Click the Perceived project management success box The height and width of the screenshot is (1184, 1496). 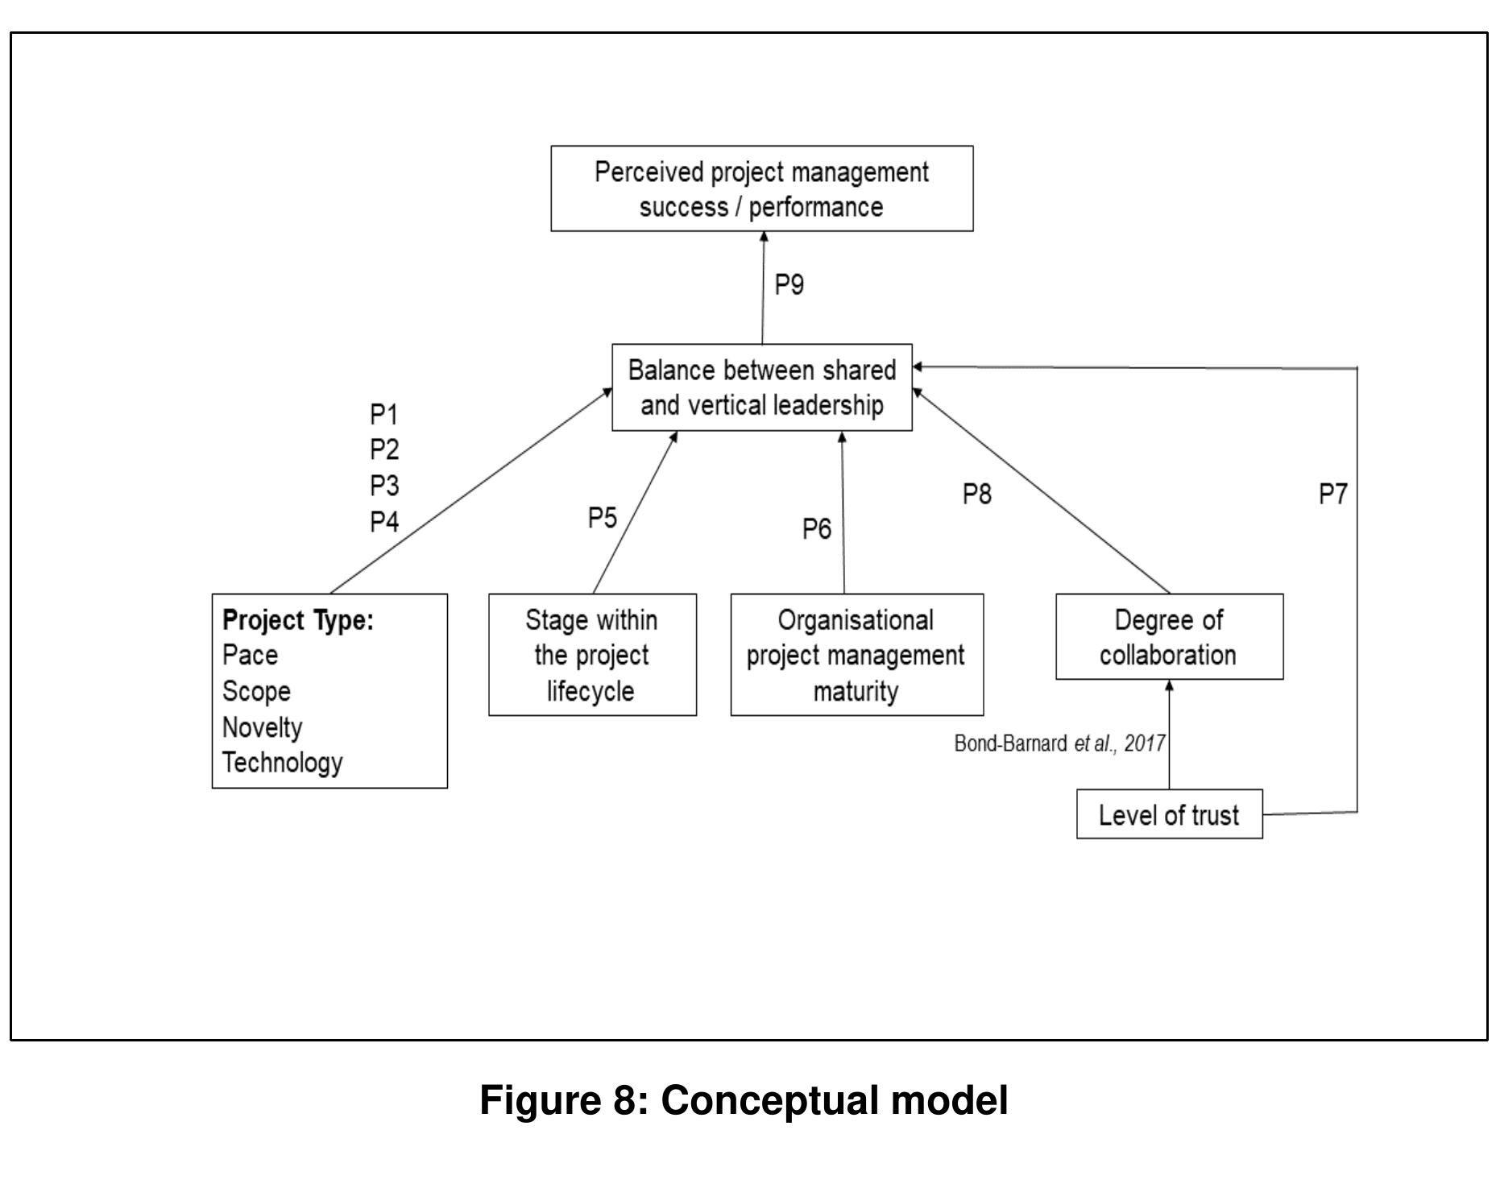pyautogui.click(x=761, y=188)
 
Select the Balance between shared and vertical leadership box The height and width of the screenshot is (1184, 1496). pyautogui.click(x=761, y=387)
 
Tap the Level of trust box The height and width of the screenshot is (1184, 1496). pyautogui.click(x=1169, y=814)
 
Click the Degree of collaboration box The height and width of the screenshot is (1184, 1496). pyautogui.click(x=1169, y=637)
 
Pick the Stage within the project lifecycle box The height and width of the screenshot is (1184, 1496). pyautogui.click(x=592, y=655)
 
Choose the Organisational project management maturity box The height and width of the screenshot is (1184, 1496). pyautogui.click(x=856, y=655)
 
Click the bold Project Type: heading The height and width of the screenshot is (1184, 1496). pyautogui.click(x=298, y=620)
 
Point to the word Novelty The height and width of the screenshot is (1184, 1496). pyautogui.click(x=263, y=727)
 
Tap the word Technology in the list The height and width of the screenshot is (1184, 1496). pyautogui.click(x=283, y=762)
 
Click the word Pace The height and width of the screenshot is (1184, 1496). pyautogui.click(x=250, y=655)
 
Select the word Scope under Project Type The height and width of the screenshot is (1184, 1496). pyautogui.click(x=256, y=691)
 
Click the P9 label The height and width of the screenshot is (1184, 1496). pyautogui.click(x=789, y=284)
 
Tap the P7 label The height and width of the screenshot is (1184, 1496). pyautogui.click(x=1332, y=494)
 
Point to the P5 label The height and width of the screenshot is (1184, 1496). pyautogui.click(x=602, y=518)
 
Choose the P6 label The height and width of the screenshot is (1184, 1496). pyautogui.click(x=816, y=529)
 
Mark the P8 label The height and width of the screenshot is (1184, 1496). pyautogui.click(x=976, y=494)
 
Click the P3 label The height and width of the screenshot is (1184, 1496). pyautogui.click(x=384, y=486)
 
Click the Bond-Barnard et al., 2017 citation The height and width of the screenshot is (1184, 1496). pyautogui.click(x=1059, y=743)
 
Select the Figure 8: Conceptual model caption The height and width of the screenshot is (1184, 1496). pyautogui.click(x=744, y=1099)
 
